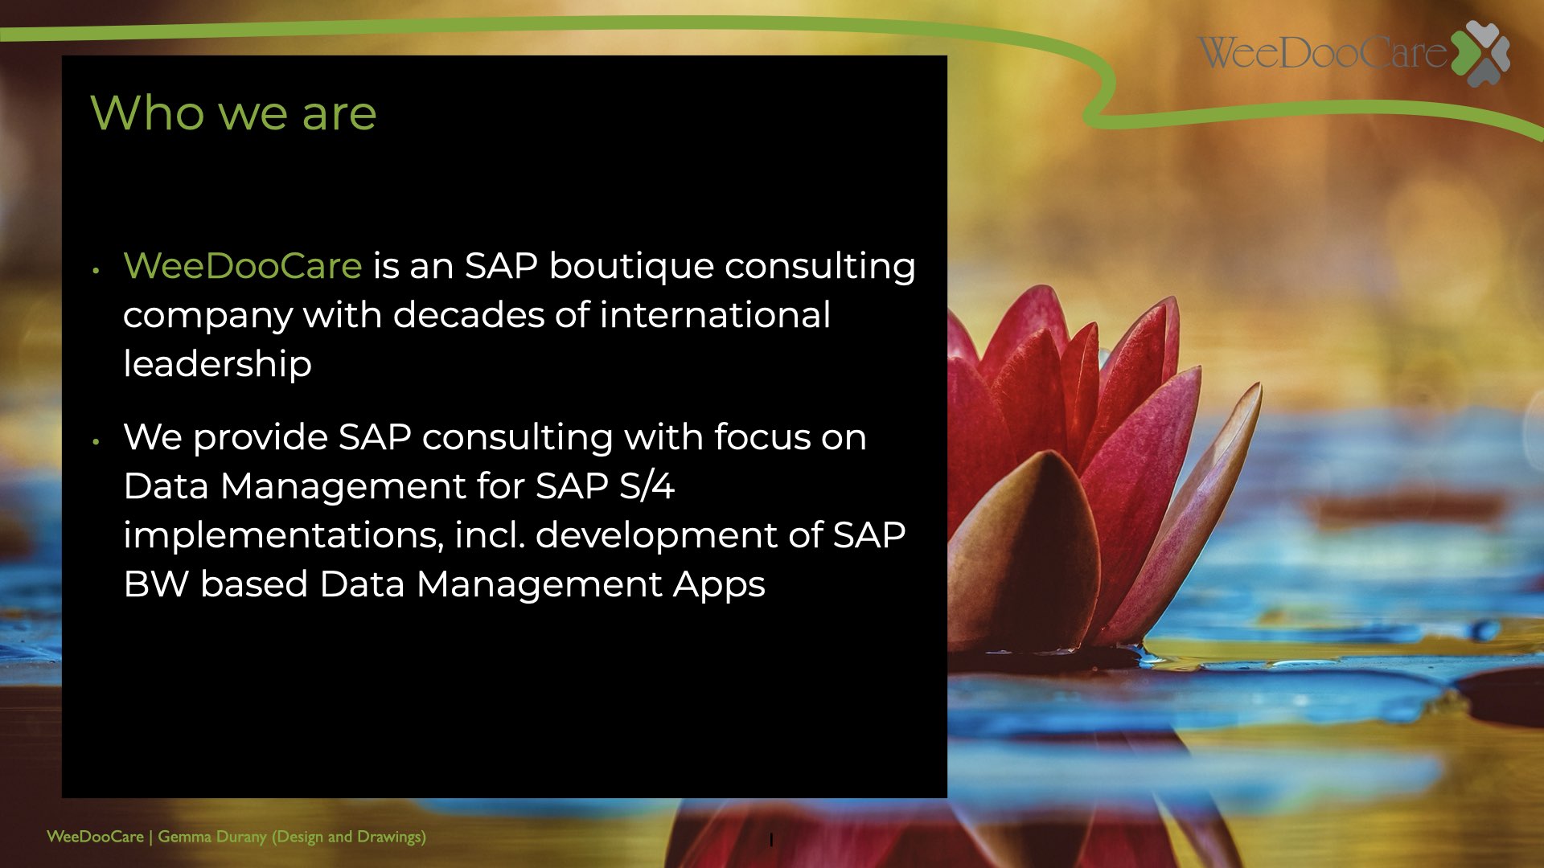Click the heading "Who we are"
pyautogui.click(x=233, y=113)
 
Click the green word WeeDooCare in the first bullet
pyautogui.click(x=242, y=266)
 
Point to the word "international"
pyautogui.click(x=715, y=314)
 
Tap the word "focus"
pyautogui.click(x=762, y=437)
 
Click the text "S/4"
pyautogui.click(x=647, y=486)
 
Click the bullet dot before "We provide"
pyautogui.click(x=96, y=441)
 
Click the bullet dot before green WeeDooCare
pyautogui.click(x=96, y=271)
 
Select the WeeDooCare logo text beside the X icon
pyautogui.click(x=1323, y=52)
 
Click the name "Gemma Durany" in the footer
pyautogui.click(x=212, y=837)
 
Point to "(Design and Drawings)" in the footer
pyautogui.click(x=349, y=837)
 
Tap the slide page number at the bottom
pyautogui.click(x=771, y=840)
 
